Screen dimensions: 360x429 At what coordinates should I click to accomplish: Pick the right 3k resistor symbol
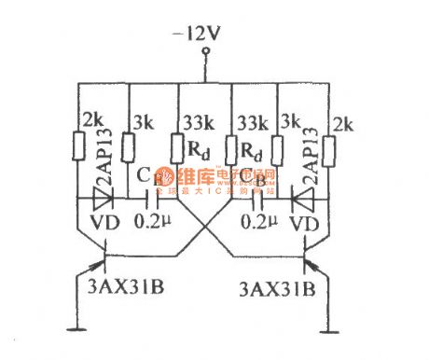[278, 146]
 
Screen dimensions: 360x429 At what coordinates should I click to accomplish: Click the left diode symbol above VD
[103, 199]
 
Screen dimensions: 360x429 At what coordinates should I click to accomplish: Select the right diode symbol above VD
[301, 199]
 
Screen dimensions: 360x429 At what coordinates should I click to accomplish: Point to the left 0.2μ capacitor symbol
[151, 199]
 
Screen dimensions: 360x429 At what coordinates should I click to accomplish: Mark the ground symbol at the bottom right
[327, 329]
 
